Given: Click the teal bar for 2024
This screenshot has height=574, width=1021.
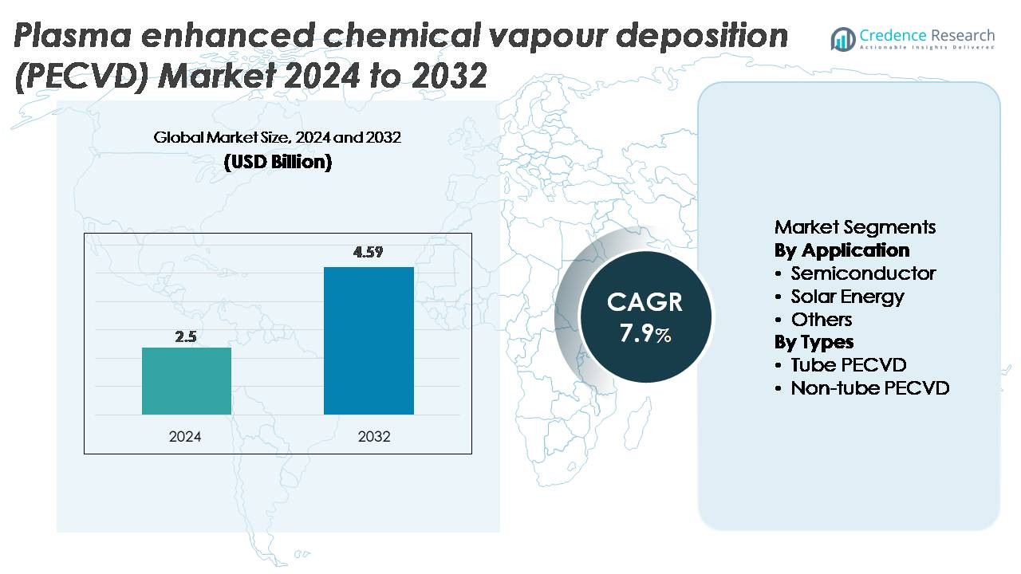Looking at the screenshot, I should pyautogui.click(x=187, y=381).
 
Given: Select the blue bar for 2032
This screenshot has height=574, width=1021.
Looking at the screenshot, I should pyautogui.click(x=369, y=340).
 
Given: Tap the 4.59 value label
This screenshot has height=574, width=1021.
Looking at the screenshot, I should pyautogui.click(x=369, y=254).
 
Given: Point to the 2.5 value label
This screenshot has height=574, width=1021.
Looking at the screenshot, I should pyautogui.click(x=187, y=336).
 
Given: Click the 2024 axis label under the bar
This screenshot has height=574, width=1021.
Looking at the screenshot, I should pyautogui.click(x=186, y=437).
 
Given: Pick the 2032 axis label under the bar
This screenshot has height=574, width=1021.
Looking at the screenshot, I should pyautogui.click(x=374, y=437).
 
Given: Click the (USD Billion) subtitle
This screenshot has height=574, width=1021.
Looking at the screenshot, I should pyautogui.click(x=278, y=162).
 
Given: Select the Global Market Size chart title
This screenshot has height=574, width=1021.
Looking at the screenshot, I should pyautogui.click(x=278, y=138).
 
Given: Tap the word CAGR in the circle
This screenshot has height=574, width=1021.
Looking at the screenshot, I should pyautogui.click(x=645, y=302).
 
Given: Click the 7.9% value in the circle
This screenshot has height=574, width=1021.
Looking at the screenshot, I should pyautogui.click(x=645, y=333).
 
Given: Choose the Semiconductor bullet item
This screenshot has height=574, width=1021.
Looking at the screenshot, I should pyautogui.click(x=863, y=273).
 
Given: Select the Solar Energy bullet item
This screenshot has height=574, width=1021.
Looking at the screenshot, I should pyautogui.click(x=847, y=297).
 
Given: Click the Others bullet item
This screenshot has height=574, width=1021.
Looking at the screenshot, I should pyautogui.click(x=822, y=320).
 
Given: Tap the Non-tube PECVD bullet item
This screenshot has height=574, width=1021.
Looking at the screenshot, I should pyautogui.click(x=869, y=388).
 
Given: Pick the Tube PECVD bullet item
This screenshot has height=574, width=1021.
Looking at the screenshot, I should pyautogui.click(x=849, y=365).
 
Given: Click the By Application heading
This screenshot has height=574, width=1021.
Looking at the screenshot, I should pyautogui.click(x=842, y=250).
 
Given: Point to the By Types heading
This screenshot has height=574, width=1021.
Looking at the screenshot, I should pyautogui.click(x=814, y=342).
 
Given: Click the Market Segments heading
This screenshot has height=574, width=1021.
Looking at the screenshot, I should pyautogui.click(x=855, y=227).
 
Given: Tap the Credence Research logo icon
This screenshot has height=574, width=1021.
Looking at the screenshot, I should pyautogui.click(x=842, y=39).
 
